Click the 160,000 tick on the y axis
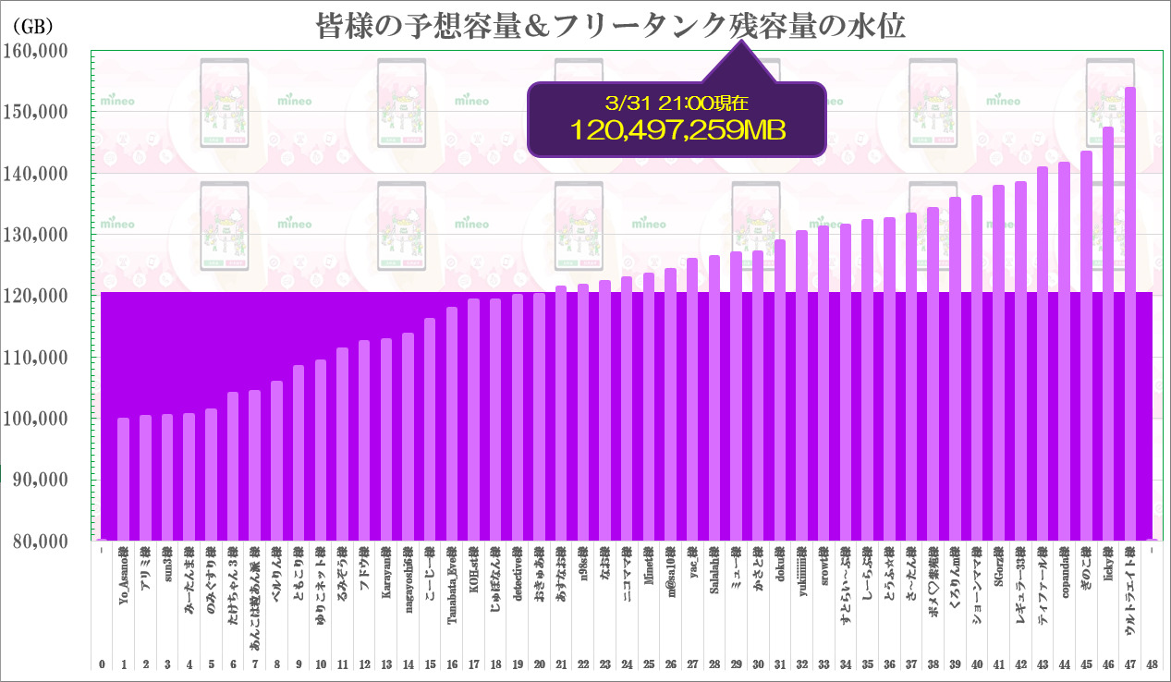(x=38, y=52)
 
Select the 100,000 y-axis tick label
(x=38, y=419)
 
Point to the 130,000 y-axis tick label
(x=38, y=235)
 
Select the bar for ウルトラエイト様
(x=1129, y=314)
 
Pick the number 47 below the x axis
(x=1129, y=664)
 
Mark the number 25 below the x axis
(x=649, y=664)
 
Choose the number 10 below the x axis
(x=321, y=664)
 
